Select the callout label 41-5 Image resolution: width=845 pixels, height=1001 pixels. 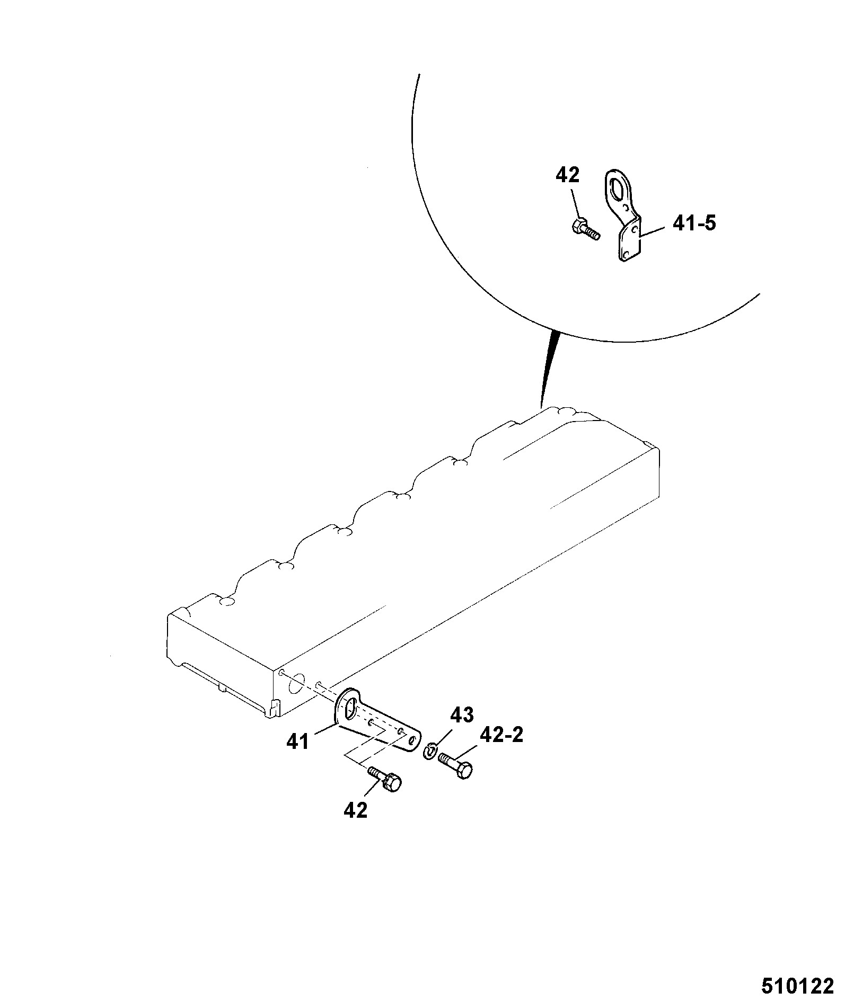(x=694, y=224)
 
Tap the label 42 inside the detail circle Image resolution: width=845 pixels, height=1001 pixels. (x=568, y=175)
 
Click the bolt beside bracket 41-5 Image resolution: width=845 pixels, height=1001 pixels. (x=586, y=229)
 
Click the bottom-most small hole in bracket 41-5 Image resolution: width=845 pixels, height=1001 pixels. (x=626, y=255)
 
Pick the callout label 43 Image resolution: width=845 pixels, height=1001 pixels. (x=462, y=715)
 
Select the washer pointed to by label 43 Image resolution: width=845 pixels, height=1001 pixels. (x=430, y=752)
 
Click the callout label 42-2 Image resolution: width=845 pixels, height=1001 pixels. (x=501, y=735)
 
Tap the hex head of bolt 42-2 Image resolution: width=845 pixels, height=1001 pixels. (x=464, y=771)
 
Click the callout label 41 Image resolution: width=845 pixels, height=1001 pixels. (x=297, y=742)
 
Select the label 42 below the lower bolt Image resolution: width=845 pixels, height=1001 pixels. (x=355, y=825)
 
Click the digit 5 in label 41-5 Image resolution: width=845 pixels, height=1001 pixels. (x=710, y=224)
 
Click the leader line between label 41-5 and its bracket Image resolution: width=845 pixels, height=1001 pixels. (x=653, y=230)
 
